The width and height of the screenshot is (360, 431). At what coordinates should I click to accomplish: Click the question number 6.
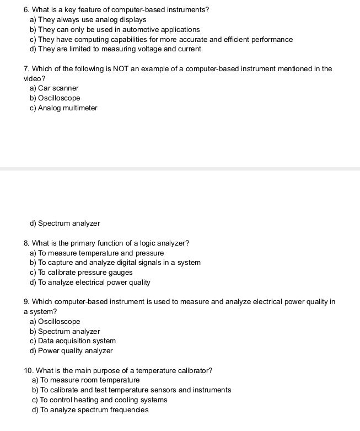(26, 10)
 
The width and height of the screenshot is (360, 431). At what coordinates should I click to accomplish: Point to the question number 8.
(26, 243)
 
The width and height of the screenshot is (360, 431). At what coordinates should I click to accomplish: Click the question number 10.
(29, 370)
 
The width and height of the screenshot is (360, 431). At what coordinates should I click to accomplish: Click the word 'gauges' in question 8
(121, 273)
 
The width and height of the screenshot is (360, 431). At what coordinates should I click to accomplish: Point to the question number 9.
(26, 302)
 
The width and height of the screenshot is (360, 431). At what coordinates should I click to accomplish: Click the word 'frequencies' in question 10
(129, 410)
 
